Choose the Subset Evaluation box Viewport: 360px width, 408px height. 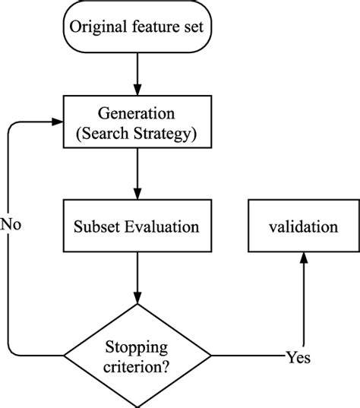137,226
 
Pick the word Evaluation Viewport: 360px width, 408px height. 162,226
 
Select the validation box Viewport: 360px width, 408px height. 303,226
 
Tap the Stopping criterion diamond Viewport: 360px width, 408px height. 137,356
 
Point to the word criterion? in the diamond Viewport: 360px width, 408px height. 137,365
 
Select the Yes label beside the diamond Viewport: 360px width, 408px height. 298,356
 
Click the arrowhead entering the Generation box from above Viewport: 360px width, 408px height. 137,90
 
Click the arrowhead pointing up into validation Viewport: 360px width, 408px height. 303,258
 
